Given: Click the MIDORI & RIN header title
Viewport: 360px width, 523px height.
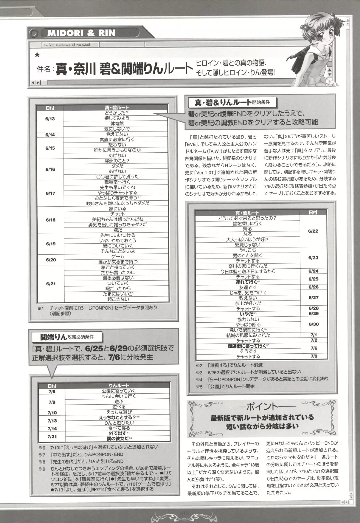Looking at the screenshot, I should click(81, 33).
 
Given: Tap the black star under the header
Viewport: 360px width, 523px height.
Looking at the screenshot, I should click(37, 55).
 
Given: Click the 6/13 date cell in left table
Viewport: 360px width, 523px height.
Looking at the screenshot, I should click(50, 119).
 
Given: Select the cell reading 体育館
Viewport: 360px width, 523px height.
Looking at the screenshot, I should click(117, 123).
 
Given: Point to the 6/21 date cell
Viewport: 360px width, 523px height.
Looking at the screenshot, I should click(51, 284).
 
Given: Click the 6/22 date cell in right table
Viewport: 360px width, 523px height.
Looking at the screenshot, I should click(313, 231).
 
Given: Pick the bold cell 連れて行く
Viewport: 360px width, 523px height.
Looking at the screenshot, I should click(246, 282).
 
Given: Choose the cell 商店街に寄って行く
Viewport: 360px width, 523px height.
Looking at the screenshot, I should click(246, 346).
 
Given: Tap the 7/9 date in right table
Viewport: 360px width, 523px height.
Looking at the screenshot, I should click(314, 356).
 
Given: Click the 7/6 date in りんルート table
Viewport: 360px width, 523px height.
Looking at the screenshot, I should click(52, 392).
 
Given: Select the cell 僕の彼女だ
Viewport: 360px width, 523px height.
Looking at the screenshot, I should click(118, 438).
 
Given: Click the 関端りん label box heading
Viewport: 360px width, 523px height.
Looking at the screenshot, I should click(67, 337).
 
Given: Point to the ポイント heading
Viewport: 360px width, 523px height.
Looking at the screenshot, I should click(262, 406).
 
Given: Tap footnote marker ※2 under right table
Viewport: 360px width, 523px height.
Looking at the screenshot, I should click(199, 365).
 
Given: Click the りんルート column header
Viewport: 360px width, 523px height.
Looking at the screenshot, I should click(119, 386).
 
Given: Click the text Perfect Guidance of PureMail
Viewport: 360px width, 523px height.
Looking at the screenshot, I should click(66, 45).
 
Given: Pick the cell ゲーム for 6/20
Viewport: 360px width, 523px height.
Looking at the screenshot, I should click(118, 256).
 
